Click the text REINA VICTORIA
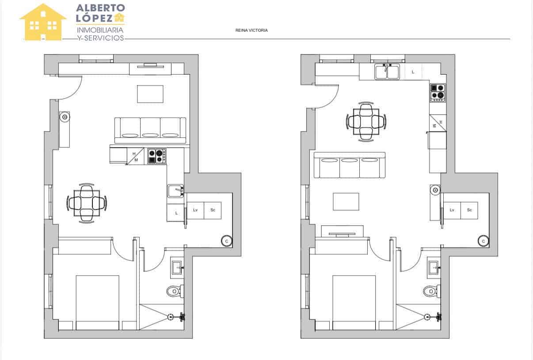coord(252,31)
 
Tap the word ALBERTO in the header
coord(100,8)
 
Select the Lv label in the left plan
coord(195,210)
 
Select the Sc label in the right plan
coord(469,210)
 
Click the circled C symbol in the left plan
coord(227,241)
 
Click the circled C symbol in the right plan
coord(484,241)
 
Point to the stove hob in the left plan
coord(157,156)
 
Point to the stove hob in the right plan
coord(438,92)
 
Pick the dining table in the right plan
coord(366,122)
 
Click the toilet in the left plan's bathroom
coord(175,291)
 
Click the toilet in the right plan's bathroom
coord(431,291)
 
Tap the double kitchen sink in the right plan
coord(387,72)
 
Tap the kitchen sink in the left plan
coord(176,191)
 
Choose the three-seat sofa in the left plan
coord(150,130)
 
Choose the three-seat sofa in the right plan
coord(349,165)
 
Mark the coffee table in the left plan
coord(150,94)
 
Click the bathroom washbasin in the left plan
coord(178,267)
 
